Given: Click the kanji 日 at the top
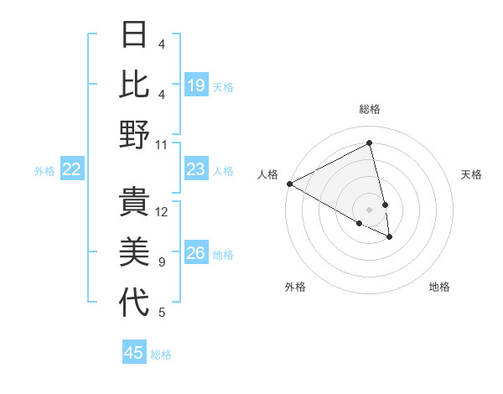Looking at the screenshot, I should click(134, 34).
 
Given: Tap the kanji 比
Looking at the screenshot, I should click(134, 84).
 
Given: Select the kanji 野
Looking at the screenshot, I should click(134, 133).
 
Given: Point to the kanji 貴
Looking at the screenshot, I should click(134, 202).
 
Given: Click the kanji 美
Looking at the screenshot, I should click(134, 252).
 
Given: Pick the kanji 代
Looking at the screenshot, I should click(134, 303).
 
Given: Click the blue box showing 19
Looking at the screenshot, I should click(195, 86).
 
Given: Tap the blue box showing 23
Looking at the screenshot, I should click(195, 170).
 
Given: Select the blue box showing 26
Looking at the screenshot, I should click(195, 254).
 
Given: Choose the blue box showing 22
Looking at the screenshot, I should click(72, 170).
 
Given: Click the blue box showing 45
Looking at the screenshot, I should click(134, 353).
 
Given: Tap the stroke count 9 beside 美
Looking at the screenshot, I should click(162, 262).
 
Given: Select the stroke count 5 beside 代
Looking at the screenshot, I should click(162, 313).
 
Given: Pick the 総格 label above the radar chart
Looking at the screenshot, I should click(370, 109).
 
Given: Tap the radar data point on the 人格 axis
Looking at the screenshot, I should click(289, 184).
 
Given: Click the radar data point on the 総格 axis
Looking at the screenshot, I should click(370, 144).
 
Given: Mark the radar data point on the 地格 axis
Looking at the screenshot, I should click(390, 237).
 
